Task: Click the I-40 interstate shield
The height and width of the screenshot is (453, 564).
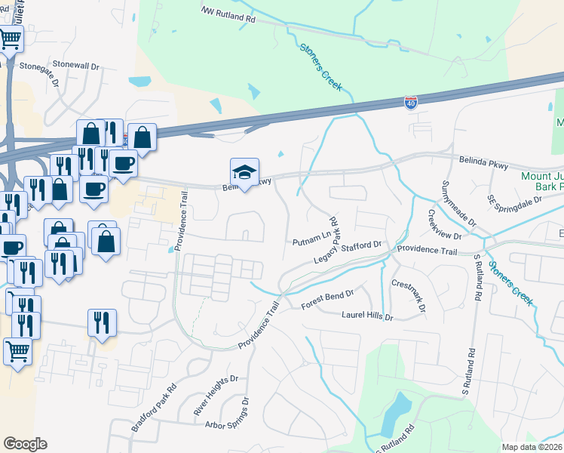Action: point(410,103)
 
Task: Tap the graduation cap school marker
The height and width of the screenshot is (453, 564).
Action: point(244,172)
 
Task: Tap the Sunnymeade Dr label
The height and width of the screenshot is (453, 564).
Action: point(459,203)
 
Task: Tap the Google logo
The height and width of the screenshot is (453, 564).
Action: point(25,444)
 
